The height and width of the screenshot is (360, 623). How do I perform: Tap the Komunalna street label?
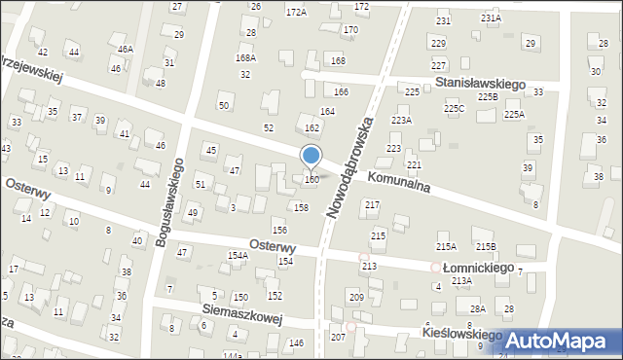click(399, 186)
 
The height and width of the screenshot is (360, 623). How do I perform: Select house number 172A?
click(296, 13)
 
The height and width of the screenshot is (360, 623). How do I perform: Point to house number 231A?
click(491, 18)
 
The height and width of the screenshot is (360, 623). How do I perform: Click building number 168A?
click(245, 58)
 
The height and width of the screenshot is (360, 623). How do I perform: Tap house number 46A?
click(125, 50)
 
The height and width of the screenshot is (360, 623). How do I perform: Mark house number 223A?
click(401, 120)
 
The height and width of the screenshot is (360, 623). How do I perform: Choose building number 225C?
click(455, 109)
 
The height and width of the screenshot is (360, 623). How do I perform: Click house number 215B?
click(485, 247)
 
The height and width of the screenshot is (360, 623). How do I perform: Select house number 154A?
click(238, 255)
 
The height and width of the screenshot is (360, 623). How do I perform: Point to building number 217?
click(372, 204)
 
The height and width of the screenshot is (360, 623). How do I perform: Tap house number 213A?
click(461, 280)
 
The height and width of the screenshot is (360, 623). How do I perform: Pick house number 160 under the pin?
click(311, 180)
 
